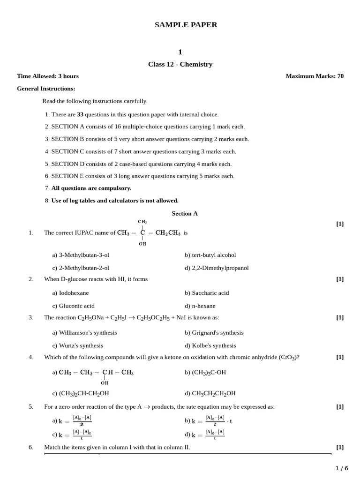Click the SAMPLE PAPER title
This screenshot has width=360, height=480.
[x=186, y=25]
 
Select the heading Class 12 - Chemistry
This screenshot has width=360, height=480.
[x=180, y=64]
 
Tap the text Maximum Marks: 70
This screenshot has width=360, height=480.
[x=315, y=76]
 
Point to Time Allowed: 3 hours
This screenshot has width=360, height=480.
[x=48, y=76]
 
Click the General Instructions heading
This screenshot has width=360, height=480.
[x=46, y=89]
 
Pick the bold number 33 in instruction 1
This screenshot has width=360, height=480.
[x=80, y=114]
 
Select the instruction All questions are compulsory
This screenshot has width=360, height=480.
[x=91, y=188]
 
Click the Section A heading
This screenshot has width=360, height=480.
[x=185, y=213]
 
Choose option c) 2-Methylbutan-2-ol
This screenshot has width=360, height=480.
[x=81, y=268]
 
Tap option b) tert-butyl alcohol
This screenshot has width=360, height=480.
[x=210, y=255]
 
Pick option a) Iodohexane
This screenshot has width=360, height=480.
[x=70, y=293]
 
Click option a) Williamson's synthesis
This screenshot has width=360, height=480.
[x=84, y=332]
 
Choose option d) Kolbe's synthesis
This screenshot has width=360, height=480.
[x=210, y=345]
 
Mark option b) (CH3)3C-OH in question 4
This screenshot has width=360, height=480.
[x=205, y=372]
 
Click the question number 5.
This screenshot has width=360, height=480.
[x=31, y=406]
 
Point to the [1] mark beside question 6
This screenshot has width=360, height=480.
[x=340, y=447]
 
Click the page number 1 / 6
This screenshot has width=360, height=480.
[x=342, y=468]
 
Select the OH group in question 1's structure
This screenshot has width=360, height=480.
[x=142, y=244]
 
